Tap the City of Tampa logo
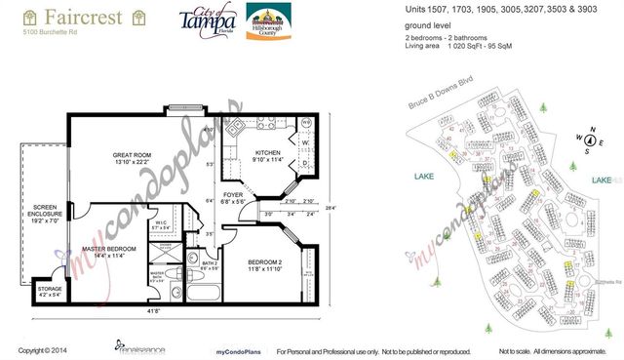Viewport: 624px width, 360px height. click(208, 21)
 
